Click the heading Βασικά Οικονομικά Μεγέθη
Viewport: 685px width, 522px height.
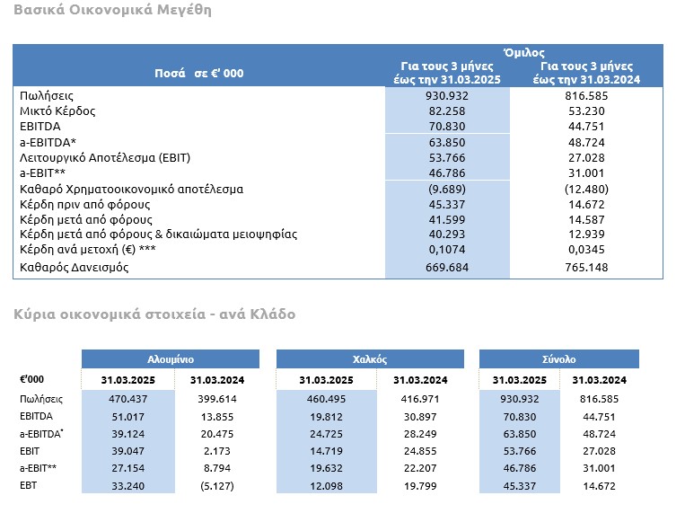113,10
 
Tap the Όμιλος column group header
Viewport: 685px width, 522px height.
523,53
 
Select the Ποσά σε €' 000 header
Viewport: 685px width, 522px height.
199,73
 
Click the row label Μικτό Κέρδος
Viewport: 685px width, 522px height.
57,111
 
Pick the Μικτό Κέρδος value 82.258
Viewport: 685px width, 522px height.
447,111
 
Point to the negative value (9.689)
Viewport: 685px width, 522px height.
447,190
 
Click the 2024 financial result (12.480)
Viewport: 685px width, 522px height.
586,190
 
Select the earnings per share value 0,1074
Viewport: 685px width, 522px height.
447,250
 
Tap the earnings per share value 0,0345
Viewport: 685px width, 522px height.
586,250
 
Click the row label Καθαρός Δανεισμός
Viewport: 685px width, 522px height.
75,267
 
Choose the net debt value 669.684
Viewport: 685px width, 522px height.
447,267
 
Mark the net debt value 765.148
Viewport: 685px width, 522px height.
586,267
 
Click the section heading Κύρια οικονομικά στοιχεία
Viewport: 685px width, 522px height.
110,314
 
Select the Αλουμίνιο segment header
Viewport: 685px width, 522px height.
171,359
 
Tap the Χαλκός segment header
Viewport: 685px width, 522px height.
370,359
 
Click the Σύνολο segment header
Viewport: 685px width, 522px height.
558,359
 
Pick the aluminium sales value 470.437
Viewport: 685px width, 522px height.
128,399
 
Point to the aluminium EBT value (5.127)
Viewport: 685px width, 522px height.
217,486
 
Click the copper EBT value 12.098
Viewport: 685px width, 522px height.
326,486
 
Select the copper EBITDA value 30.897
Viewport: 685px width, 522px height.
420,417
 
